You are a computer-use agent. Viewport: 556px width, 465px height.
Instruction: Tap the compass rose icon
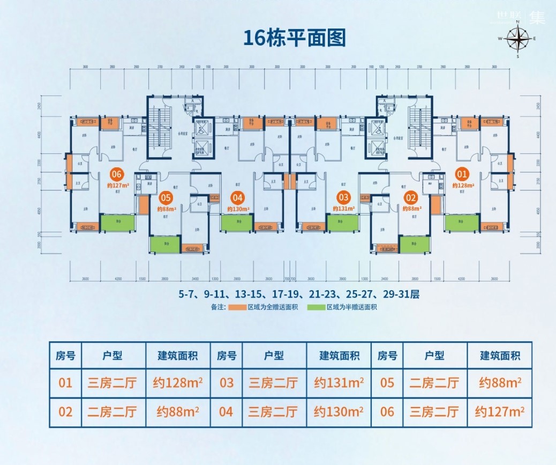tap(518, 39)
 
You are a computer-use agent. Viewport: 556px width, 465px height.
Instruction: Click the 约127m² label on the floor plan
tap(118, 186)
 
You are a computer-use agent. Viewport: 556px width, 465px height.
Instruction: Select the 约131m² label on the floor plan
tap(343, 209)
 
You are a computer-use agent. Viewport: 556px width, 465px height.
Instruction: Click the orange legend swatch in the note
tap(236, 308)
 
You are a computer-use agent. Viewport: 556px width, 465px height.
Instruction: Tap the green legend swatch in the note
tap(315, 308)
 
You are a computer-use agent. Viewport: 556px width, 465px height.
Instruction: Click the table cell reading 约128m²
tap(178, 383)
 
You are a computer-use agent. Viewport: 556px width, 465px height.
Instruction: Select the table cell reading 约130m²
tap(339, 412)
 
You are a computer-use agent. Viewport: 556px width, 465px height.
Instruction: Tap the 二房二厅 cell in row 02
tap(112, 412)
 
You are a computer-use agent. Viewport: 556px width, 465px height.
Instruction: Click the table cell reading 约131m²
tap(339, 383)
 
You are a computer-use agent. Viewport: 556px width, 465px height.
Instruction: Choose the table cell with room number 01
tap(65, 383)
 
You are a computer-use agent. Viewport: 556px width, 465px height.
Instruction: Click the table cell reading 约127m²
tap(500, 412)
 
